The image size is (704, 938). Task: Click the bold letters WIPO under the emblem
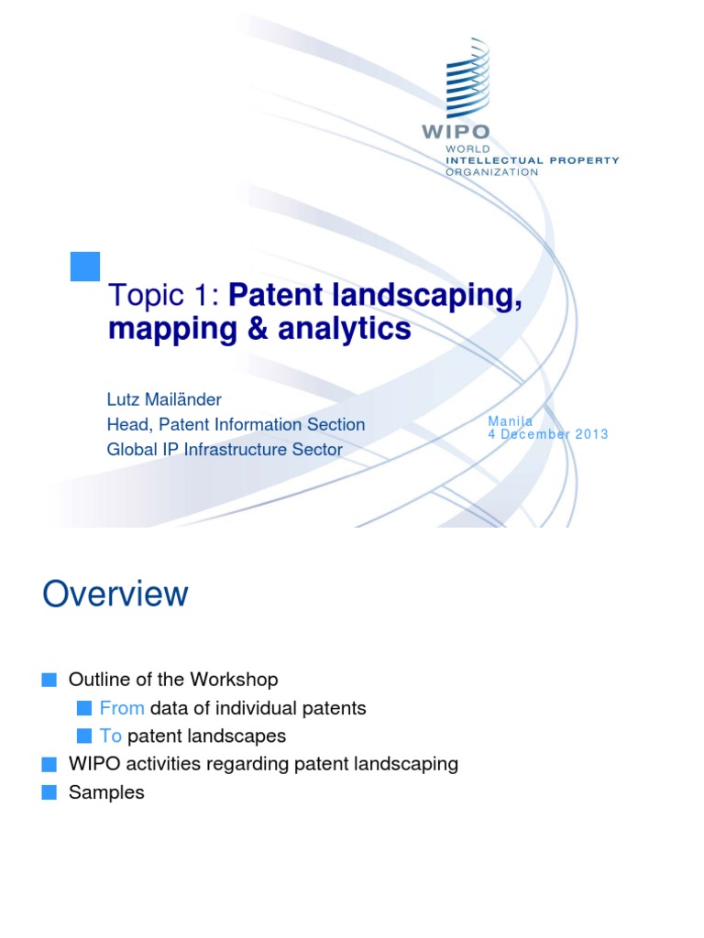point(455,131)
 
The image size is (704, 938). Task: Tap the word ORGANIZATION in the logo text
point(492,172)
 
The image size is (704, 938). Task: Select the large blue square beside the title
point(84,266)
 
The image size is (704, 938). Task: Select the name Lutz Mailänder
point(165,398)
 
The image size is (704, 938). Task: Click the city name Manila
point(510,420)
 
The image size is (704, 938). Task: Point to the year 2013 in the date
point(591,434)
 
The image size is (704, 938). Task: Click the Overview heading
point(115,594)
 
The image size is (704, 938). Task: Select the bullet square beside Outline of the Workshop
point(49,680)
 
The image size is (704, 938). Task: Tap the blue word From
point(122,708)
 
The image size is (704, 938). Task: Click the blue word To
point(111,736)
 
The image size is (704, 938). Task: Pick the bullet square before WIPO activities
point(49,764)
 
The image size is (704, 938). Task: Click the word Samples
point(106,792)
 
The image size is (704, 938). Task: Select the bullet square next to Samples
point(49,792)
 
